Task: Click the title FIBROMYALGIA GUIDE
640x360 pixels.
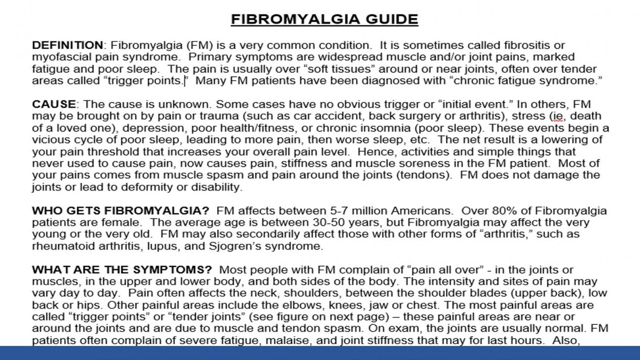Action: [x=324, y=19]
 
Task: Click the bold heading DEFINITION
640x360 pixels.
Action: [x=68, y=45]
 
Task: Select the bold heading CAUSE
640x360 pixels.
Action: [x=54, y=104]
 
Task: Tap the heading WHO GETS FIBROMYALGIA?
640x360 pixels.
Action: [x=120, y=210]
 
